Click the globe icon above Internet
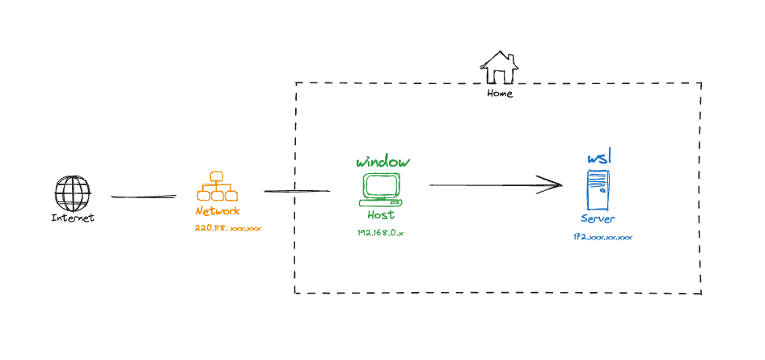tap(72, 194)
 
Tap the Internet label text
tap(73, 218)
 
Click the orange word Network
tap(218, 211)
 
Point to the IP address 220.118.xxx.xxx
tap(227, 229)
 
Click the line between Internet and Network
tap(143, 196)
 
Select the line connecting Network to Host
tap(297, 191)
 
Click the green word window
tap(383, 162)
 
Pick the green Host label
tap(381, 215)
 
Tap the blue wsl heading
tap(598, 157)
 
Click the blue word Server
tap(598, 219)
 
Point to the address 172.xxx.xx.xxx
tap(602, 237)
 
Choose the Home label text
tap(500, 94)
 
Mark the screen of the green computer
tap(381, 185)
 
